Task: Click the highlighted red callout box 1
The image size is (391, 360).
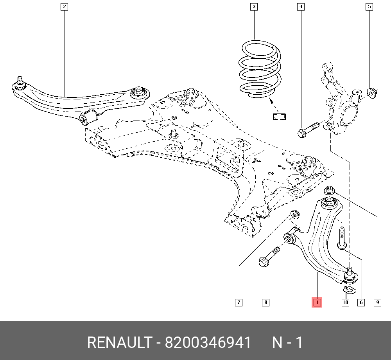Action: tap(317, 302)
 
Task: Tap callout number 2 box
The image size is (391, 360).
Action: tap(65, 7)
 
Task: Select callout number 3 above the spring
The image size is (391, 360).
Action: tap(254, 7)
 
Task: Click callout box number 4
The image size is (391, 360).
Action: tap(301, 7)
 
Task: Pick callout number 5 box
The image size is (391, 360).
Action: tap(369, 7)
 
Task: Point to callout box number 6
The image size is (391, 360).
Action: tap(361, 302)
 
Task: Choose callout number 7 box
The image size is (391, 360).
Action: tap(239, 302)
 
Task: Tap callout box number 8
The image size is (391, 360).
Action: tap(265, 302)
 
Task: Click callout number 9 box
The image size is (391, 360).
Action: tap(378, 302)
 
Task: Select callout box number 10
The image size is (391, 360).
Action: tap(345, 302)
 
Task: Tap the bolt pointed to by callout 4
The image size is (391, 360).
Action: tap(309, 130)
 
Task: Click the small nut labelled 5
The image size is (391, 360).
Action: tap(372, 93)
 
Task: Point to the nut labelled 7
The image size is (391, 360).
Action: tap(295, 214)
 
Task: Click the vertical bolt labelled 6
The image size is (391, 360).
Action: tap(342, 238)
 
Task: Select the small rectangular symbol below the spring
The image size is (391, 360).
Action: tap(279, 117)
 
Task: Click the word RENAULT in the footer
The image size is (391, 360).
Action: tap(119, 342)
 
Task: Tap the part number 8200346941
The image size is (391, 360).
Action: tap(208, 342)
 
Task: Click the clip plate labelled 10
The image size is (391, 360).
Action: tap(350, 290)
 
